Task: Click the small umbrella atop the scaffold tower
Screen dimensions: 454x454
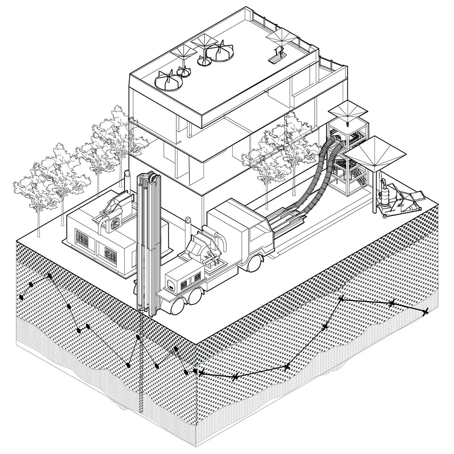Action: point(347,111)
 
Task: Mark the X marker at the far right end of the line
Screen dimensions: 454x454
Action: point(425,312)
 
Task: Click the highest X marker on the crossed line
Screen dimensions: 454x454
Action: point(340,299)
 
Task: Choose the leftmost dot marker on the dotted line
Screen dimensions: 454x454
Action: point(21,297)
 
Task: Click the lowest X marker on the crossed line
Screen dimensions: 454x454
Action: point(235,376)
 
